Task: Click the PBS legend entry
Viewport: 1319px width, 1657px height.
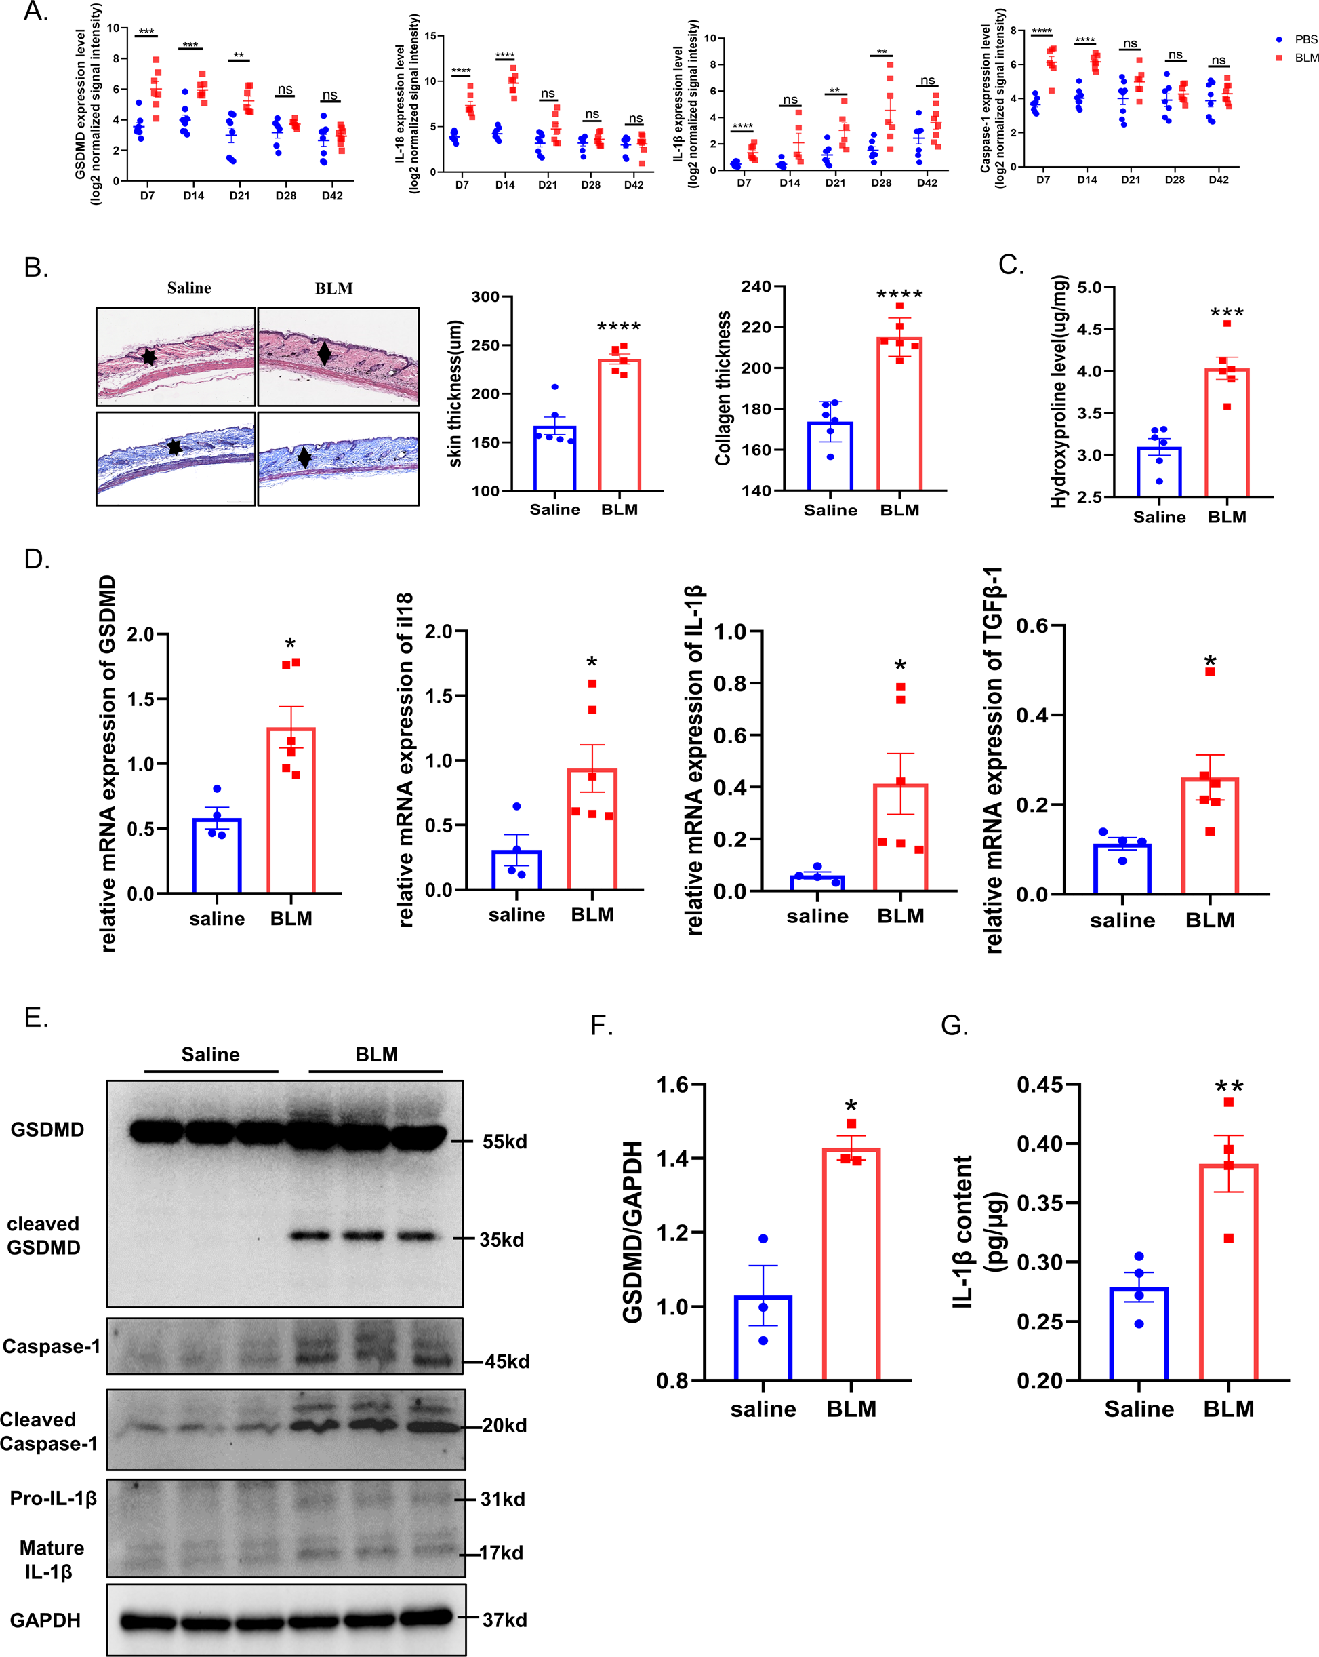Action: point(1298,39)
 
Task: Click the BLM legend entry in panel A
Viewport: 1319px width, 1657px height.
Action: point(1298,58)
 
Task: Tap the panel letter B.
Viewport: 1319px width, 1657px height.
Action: point(36,267)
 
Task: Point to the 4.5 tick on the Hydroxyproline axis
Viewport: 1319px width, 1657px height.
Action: point(1089,329)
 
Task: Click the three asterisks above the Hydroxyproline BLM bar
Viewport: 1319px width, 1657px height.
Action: point(1227,313)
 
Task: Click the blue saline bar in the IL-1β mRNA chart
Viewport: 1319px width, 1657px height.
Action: point(817,883)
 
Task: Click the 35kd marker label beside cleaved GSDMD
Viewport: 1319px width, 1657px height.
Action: point(502,1240)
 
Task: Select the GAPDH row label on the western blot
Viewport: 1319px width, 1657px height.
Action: point(45,1620)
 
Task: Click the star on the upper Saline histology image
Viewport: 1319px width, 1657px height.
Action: point(149,357)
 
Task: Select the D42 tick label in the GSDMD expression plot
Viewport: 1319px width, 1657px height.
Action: point(332,196)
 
